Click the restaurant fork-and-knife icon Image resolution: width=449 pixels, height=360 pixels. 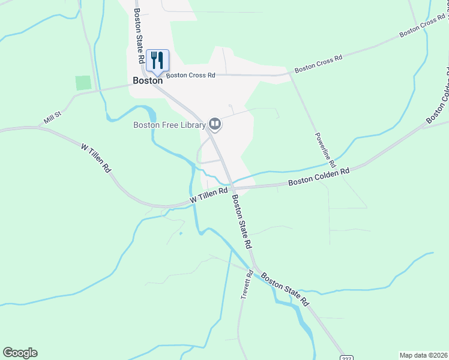pyautogui.click(x=157, y=60)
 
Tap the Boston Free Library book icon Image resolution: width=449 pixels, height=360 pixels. pyautogui.click(x=215, y=124)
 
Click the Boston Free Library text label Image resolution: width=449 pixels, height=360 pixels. pyautogui.click(x=169, y=125)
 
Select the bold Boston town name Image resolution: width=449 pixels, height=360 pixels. pyautogui.click(x=148, y=80)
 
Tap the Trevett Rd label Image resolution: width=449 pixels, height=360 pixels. pyautogui.click(x=246, y=287)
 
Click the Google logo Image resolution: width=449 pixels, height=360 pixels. pyautogui.click(x=20, y=353)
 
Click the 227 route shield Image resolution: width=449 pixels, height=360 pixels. pyautogui.click(x=346, y=358)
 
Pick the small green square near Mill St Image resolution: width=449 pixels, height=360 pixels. pyautogui.click(x=83, y=83)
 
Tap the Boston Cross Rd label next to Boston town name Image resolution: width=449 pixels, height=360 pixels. pyautogui.click(x=190, y=76)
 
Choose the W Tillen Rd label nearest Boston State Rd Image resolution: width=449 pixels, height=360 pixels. pyautogui.click(x=208, y=194)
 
